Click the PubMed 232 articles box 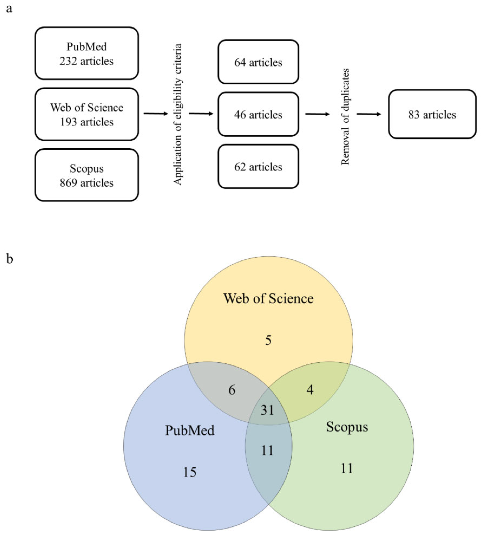click(x=87, y=53)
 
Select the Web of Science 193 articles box click(x=87, y=114)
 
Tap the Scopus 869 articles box click(x=87, y=175)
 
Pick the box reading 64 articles click(x=258, y=62)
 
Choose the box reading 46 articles click(x=258, y=114)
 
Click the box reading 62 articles click(x=258, y=167)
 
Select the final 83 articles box click(x=432, y=114)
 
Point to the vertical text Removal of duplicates click(x=345, y=117)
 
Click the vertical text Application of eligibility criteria click(x=178, y=114)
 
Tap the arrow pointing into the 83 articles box click(x=369, y=114)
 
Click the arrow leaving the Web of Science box click(x=156, y=114)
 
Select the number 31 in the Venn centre click(x=267, y=410)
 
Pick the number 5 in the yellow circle click(x=268, y=340)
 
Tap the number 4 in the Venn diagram click(x=310, y=390)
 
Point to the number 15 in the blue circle click(x=190, y=472)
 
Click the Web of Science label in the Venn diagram click(x=268, y=298)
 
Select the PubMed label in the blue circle click(x=190, y=430)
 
